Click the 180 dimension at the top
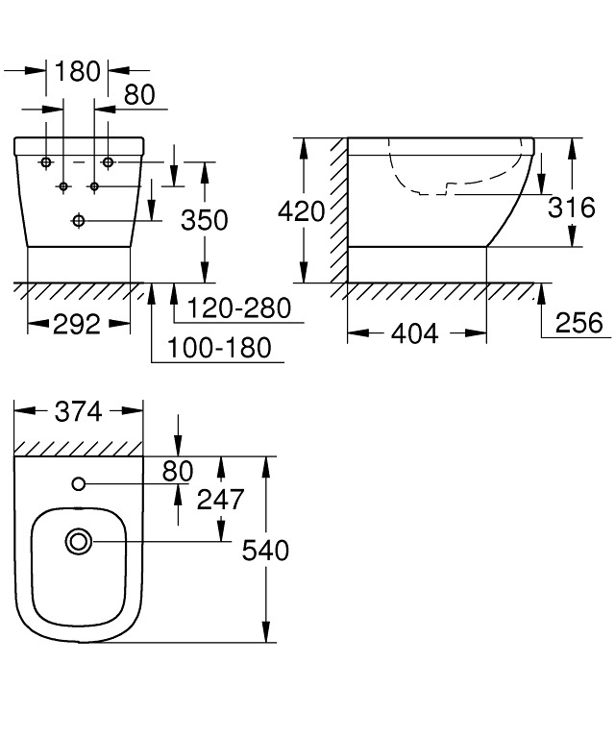coord(78,71)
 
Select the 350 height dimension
coord(205,220)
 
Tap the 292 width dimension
coord(77,325)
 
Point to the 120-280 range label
coord(239,308)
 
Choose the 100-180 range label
coord(219,348)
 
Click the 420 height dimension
coord(302,211)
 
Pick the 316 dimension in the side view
coord(571,208)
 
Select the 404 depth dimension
coord(415,333)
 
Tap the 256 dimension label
coord(578,323)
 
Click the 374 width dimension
coord(79,412)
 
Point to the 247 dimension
coord(220,499)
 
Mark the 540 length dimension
coord(265,551)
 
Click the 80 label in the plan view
coord(177,472)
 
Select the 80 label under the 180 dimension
coord(139,94)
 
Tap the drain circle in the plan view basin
coord(79,542)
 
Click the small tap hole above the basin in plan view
coord(79,483)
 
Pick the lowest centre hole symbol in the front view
coord(79,220)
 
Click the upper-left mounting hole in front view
coord(46,162)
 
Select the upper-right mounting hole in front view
coord(109,162)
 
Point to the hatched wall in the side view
coord(338,210)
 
